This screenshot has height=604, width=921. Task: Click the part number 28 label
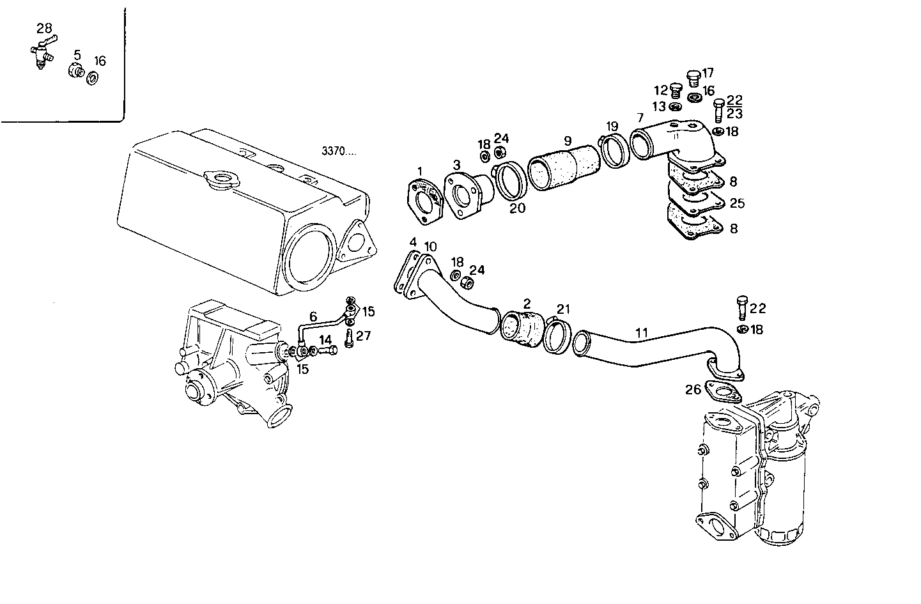click(44, 28)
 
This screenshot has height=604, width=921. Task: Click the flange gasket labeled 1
click(424, 201)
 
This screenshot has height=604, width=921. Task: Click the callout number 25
click(737, 203)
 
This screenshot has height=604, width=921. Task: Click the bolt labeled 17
click(693, 78)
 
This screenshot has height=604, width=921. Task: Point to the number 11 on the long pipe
click(642, 332)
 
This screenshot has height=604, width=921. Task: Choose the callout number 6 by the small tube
click(313, 316)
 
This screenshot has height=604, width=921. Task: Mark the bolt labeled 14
click(328, 350)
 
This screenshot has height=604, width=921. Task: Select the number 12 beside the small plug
click(660, 91)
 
